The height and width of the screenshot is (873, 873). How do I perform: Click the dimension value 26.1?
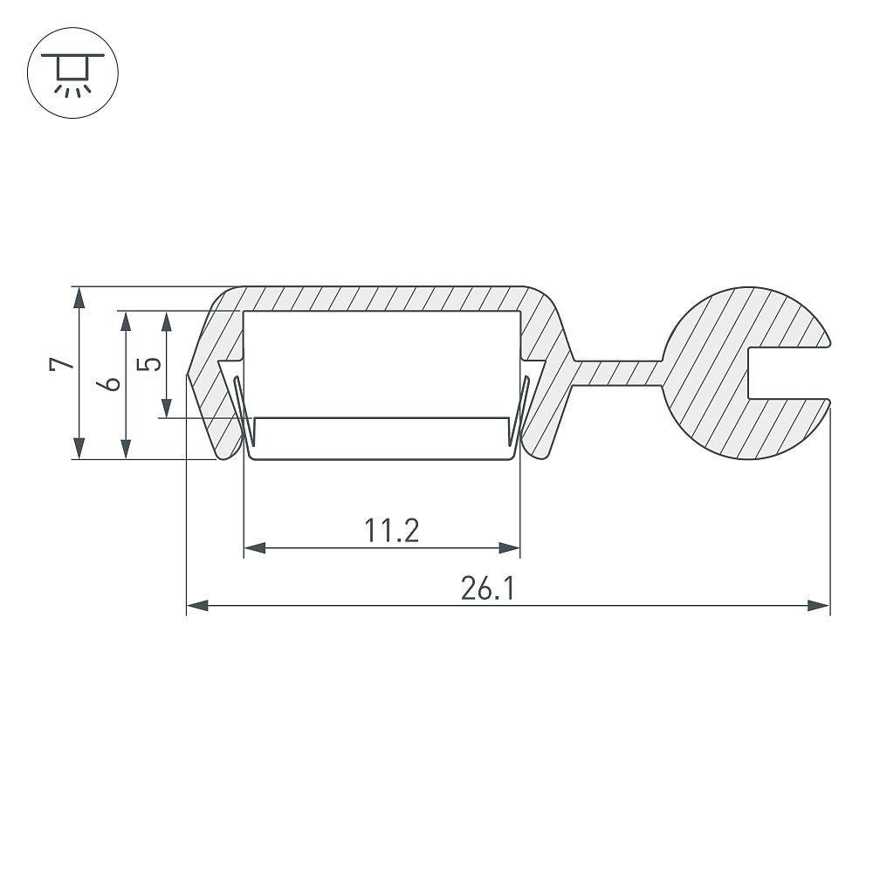pos(488,588)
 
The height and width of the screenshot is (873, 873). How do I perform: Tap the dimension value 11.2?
pos(391,530)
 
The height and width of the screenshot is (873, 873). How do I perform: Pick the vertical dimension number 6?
pos(108,383)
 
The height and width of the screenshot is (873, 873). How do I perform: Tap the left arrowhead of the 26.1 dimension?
pos(197,605)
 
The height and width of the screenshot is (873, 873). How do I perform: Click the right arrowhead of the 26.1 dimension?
pos(819,605)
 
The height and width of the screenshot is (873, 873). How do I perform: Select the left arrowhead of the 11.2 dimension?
pos(254,548)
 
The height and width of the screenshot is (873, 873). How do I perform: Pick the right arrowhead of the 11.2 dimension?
pos(509,548)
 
